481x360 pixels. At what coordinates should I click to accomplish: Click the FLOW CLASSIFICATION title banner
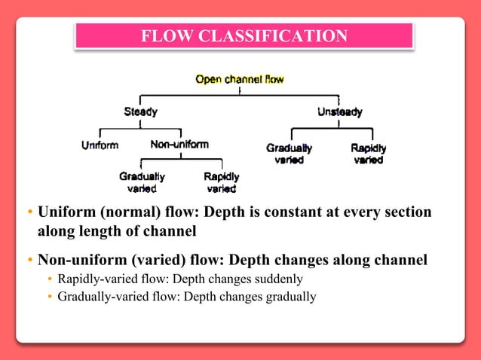pos(244,35)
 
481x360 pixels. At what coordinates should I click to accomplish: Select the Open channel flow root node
pos(239,79)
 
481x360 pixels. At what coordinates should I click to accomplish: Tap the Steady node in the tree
pos(140,112)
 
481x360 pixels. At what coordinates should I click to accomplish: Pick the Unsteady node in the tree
pos(339,112)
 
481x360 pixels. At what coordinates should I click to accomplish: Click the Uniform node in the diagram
pos(100,145)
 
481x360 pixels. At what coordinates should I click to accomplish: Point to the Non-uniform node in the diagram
pos(179,145)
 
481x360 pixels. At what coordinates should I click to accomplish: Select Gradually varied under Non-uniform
pos(142,182)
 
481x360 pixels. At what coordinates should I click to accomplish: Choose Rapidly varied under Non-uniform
pos(222,182)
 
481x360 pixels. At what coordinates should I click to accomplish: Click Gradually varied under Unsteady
pos(289,154)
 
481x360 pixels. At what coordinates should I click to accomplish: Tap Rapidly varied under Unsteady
pos(369,154)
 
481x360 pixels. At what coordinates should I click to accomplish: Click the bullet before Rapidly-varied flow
pos(50,279)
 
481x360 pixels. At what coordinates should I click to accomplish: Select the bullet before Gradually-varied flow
pos(50,297)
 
